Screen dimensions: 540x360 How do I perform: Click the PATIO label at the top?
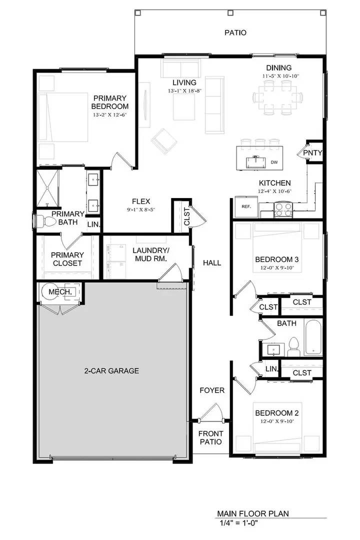[235, 33]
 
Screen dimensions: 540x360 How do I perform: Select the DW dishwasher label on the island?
[274, 162]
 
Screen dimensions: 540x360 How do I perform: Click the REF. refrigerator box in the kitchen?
[246, 206]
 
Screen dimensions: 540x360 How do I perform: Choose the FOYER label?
[212, 390]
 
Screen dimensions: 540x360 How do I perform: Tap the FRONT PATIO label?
[210, 438]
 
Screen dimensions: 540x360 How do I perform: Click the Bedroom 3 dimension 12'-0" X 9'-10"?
[277, 268]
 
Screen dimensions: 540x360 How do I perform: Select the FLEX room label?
[141, 201]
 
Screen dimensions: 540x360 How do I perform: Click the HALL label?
[211, 263]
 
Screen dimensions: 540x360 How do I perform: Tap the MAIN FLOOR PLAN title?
[252, 513]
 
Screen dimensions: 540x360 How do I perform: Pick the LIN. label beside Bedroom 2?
[271, 369]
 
